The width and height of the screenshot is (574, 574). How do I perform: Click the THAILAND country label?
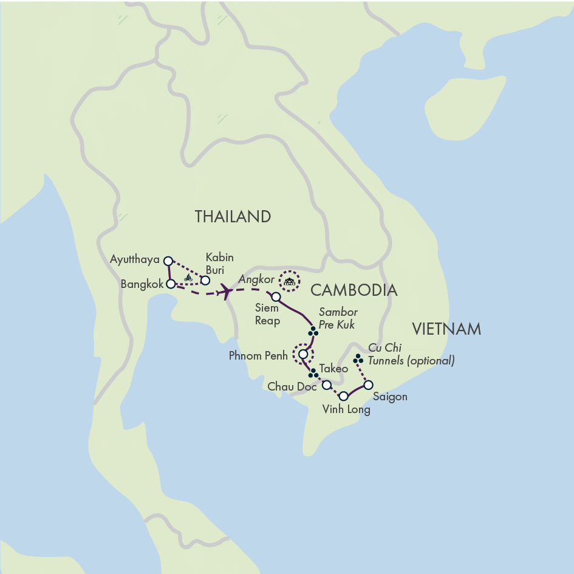233,217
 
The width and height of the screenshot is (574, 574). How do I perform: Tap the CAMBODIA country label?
354,290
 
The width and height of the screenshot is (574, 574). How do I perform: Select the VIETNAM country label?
446,330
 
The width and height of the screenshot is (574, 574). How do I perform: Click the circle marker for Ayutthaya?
168,261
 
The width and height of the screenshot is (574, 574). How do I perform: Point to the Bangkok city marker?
171,283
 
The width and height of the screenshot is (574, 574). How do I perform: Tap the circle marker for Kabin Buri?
205,280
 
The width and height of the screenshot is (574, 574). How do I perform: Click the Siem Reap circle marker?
276,297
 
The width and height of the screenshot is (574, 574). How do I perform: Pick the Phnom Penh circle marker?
303,354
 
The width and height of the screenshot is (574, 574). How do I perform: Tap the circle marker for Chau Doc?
326,385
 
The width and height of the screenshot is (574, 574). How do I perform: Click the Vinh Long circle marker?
343,396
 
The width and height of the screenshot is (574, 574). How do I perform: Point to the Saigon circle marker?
367,384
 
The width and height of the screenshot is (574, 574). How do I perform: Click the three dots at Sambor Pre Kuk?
313,331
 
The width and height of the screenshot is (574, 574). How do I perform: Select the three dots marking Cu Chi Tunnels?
358,360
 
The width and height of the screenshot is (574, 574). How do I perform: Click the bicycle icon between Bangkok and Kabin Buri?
188,278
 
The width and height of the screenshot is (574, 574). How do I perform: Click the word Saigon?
391,397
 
